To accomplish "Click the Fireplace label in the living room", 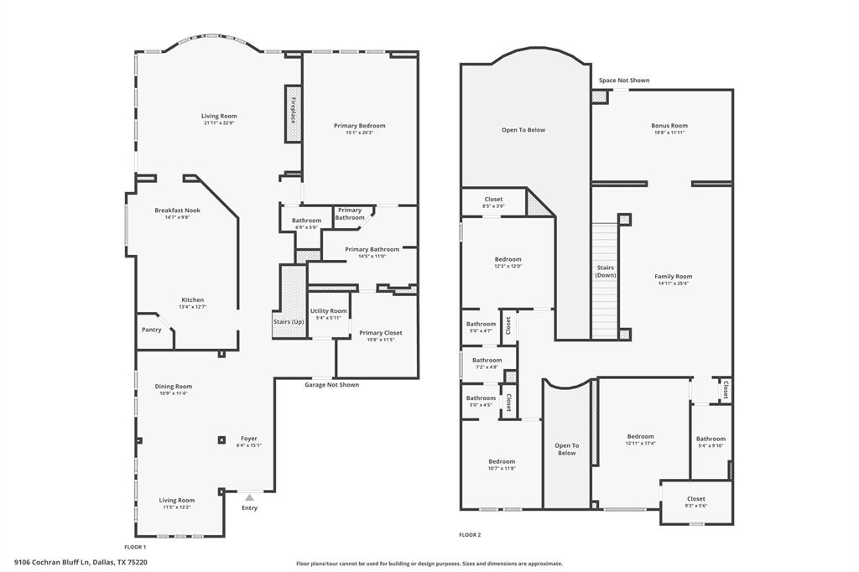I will [x=294, y=112].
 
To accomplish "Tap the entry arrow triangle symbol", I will [x=249, y=497].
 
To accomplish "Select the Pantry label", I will [x=151, y=330].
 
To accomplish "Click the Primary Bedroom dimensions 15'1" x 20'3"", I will [x=360, y=133].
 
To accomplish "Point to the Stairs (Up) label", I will [x=289, y=322].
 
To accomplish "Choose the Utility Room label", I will [x=328, y=310].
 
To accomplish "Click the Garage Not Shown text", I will [x=331, y=385].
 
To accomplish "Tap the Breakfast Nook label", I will [x=177, y=210].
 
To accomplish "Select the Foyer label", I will [x=249, y=438].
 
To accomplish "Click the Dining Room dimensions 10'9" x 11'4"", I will [x=173, y=393].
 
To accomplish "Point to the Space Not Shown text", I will [x=623, y=81].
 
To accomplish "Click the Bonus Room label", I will [x=669, y=126].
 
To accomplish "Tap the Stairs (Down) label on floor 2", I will [x=606, y=271].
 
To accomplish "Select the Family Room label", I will [x=674, y=276].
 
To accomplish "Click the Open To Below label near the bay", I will [x=523, y=130].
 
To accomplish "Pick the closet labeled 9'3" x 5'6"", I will [x=696, y=506].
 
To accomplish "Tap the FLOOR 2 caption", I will [x=470, y=534].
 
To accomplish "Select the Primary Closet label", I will [x=380, y=333].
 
